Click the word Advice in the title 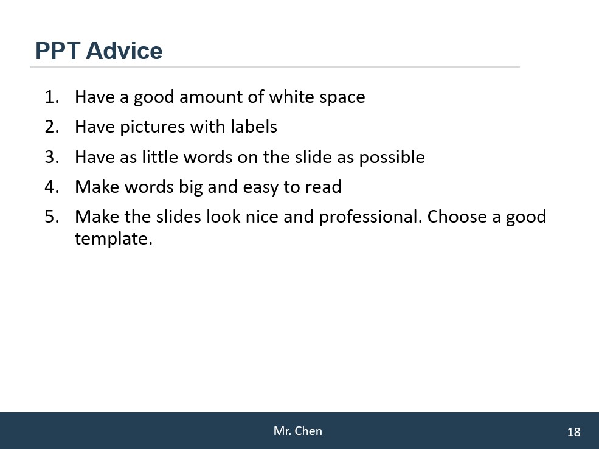[x=124, y=51]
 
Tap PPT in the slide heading [x=58, y=51]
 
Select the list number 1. [x=52, y=97]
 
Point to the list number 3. [x=52, y=157]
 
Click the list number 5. [x=52, y=217]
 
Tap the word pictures [x=152, y=127]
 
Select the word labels [x=254, y=127]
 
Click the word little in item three [x=160, y=157]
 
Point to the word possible [x=392, y=158]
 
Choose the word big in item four [x=190, y=187]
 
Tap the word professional [x=370, y=217]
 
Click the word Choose [x=457, y=217]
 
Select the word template [x=114, y=239]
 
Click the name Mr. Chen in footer [x=298, y=431]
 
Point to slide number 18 [x=574, y=432]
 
